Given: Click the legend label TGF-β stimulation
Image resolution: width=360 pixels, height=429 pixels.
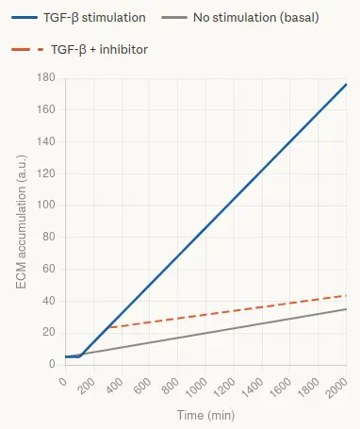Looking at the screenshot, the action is (x=94, y=18).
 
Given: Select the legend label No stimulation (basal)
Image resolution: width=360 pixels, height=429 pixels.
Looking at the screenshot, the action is (x=256, y=18).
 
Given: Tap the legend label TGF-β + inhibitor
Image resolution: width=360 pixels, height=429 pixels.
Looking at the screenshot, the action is (x=99, y=50).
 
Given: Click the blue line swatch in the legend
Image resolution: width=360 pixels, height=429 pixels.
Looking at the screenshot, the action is (x=25, y=18).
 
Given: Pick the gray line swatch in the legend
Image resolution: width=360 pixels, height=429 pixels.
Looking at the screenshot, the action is (x=174, y=18).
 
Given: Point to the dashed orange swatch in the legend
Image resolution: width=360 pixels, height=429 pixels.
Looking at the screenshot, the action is (x=27, y=49).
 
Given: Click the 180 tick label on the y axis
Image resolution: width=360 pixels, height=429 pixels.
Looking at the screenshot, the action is (x=46, y=77).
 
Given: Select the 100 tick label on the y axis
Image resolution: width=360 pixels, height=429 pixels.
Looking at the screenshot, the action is (x=46, y=205).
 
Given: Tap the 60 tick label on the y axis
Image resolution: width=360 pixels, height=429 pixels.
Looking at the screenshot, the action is (x=49, y=269).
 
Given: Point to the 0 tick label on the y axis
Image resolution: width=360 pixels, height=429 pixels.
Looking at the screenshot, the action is (x=52, y=364).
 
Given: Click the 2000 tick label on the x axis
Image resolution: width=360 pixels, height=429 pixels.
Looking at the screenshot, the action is (x=336, y=388).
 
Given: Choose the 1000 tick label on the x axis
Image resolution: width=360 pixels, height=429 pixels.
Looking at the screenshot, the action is (x=196, y=388).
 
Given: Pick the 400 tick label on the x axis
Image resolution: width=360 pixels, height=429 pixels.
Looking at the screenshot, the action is (x=115, y=386).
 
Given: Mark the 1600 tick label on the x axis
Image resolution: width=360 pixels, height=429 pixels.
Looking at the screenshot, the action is (x=280, y=388).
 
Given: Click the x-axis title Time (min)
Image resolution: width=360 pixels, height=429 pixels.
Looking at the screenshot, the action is (x=206, y=415).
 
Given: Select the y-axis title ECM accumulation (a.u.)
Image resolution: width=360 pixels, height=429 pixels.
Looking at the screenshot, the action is (x=21, y=222).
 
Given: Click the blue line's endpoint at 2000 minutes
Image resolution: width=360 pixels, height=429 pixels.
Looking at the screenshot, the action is (x=346, y=84).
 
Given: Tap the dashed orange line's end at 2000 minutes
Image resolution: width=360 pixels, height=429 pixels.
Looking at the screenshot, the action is (x=346, y=295).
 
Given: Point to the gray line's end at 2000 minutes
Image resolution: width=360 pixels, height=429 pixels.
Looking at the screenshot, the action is (x=346, y=309).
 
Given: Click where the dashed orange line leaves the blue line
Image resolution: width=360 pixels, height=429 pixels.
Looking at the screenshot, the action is (x=107, y=327).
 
